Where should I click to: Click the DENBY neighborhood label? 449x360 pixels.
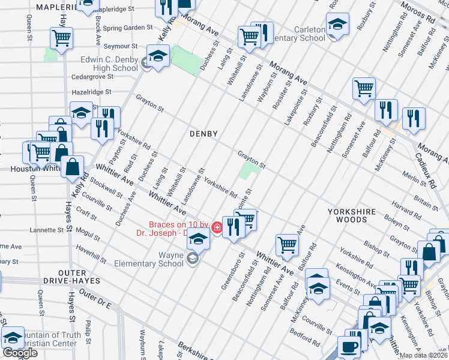click(203, 133)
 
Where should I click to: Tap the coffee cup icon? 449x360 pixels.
click(349, 347)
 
